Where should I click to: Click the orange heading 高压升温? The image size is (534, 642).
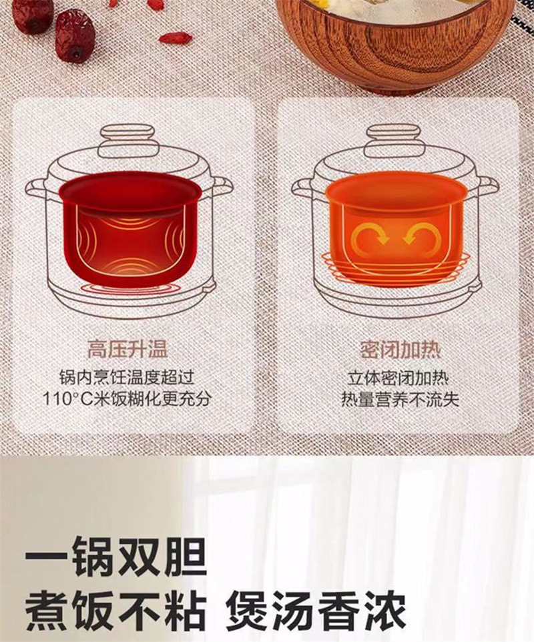click(x=127, y=348)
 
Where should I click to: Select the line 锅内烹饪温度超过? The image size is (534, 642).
click(x=127, y=377)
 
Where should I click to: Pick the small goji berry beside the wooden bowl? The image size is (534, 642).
click(x=176, y=37)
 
